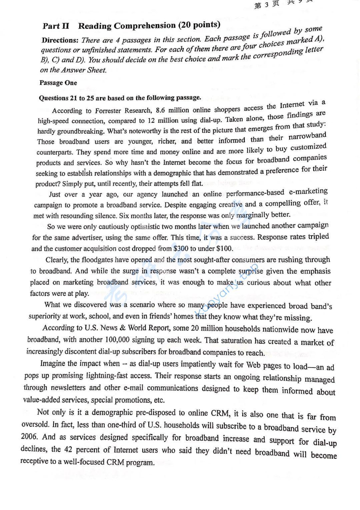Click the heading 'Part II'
(x=56, y=26)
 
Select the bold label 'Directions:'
(x=60, y=40)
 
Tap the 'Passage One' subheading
(x=58, y=83)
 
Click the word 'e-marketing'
(x=308, y=191)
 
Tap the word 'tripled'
(x=318, y=236)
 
